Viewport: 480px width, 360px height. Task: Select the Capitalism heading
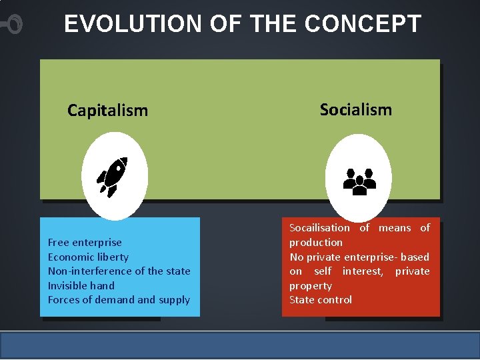click(107, 111)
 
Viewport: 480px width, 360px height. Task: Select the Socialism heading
click(355, 109)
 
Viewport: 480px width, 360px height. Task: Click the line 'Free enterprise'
click(85, 243)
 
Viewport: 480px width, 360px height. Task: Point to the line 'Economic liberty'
click(88, 257)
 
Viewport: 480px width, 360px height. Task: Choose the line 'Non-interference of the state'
click(119, 271)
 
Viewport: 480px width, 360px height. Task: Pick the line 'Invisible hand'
click(81, 285)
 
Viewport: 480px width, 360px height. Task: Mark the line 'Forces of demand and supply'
click(119, 300)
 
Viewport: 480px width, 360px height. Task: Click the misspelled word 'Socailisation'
click(319, 228)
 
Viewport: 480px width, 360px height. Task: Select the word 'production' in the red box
click(315, 243)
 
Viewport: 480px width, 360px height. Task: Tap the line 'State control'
click(320, 300)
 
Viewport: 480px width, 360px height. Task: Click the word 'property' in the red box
click(310, 286)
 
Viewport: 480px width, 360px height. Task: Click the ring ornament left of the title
click(13, 25)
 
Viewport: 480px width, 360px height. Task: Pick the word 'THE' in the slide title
click(273, 24)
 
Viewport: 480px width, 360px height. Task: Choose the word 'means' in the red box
click(395, 228)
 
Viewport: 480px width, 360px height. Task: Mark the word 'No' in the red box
click(296, 257)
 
